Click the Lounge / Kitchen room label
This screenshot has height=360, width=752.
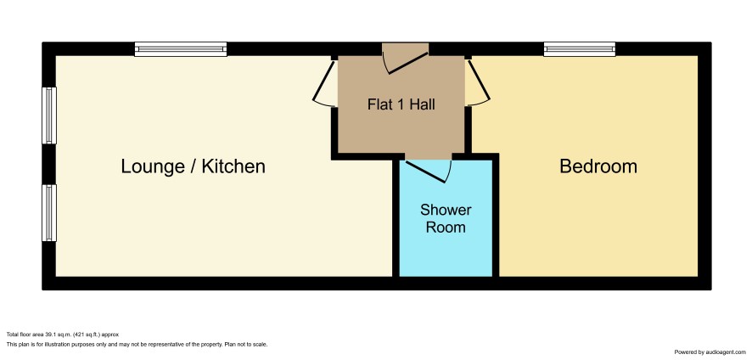[193, 166]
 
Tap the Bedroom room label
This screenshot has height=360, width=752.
[598, 166]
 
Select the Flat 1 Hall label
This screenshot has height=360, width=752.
[401, 104]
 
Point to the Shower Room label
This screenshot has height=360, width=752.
[446, 218]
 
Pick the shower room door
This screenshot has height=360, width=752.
[428, 171]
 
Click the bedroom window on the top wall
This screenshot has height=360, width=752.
[580, 49]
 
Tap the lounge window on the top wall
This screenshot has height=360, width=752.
[181, 49]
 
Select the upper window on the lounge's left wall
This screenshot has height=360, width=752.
[49, 115]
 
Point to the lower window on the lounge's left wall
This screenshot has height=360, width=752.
[49, 213]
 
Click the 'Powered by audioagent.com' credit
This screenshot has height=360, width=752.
[711, 352]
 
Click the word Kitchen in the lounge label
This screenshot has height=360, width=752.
[233, 166]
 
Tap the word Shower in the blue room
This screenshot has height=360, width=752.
[446, 211]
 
